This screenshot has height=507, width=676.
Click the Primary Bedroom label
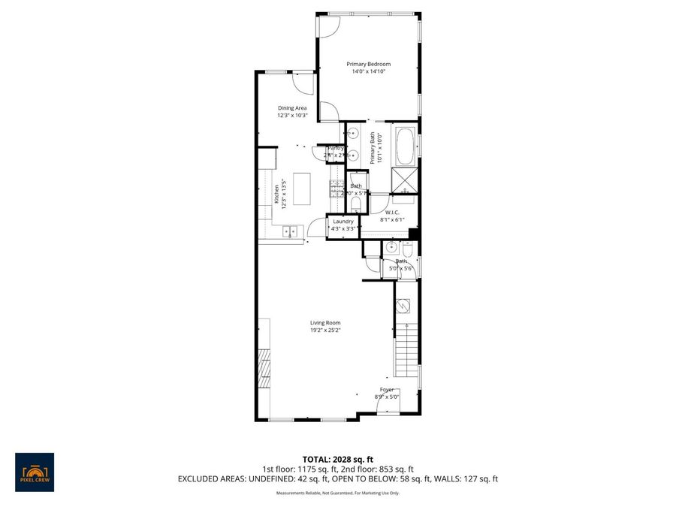coord(368,65)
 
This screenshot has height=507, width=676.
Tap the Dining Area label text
coord(292,108)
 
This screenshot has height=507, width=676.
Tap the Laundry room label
coord(343,222)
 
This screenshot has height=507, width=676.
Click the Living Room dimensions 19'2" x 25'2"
coord(325,330)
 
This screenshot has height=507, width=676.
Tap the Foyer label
coord(386,389)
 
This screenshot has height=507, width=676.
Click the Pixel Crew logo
coord(35,472)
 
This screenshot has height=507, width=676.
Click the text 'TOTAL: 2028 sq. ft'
coord(338,459)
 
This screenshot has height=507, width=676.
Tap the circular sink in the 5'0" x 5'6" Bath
coord(391,247)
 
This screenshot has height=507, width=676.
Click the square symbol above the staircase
coord(403,306)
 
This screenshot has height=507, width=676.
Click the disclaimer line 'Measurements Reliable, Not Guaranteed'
coord(338,493)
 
